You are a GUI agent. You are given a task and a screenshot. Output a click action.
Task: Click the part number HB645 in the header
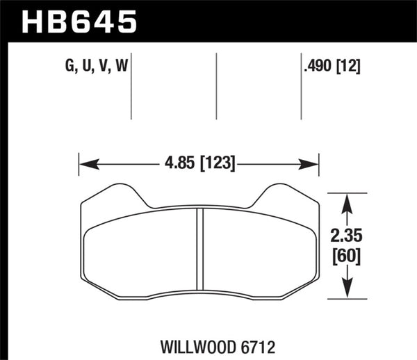click(x=80, y=21)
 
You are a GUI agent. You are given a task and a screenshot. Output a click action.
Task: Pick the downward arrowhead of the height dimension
click(x=348, y=293)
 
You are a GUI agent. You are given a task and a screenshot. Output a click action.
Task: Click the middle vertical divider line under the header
click(x=216, y=87)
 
